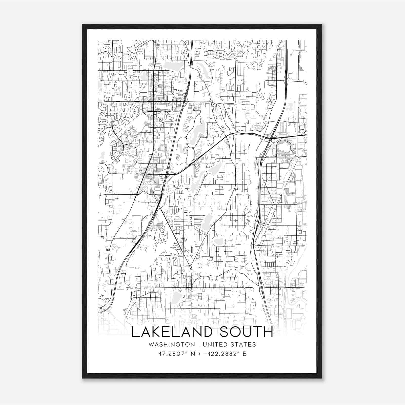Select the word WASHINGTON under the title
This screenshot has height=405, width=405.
point(172,345)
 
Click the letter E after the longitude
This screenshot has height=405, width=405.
point(245,354)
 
